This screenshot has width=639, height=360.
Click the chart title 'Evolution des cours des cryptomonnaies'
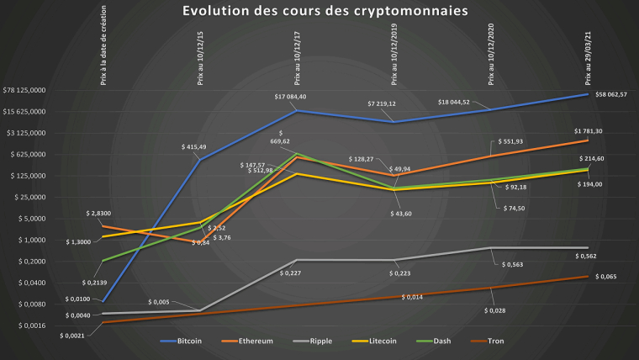click(319, 11)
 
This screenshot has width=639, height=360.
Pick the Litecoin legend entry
click(380, 341)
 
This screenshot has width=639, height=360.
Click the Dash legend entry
click(438, 341)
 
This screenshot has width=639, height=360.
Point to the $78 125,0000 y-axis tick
click(25, 90)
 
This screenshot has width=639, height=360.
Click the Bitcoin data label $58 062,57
click(611, 95)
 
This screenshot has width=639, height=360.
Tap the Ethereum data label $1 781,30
click(588, 131)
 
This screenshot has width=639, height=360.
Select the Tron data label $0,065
click(605, 276)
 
